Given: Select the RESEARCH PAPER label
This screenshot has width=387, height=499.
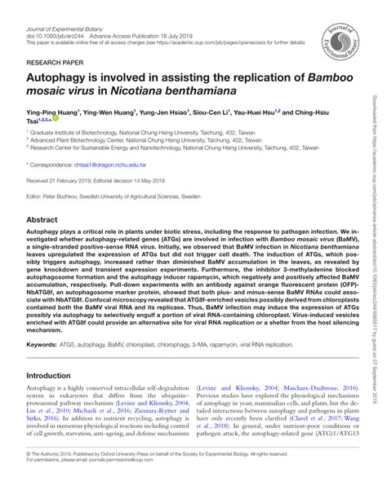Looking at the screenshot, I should click(53, 60).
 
